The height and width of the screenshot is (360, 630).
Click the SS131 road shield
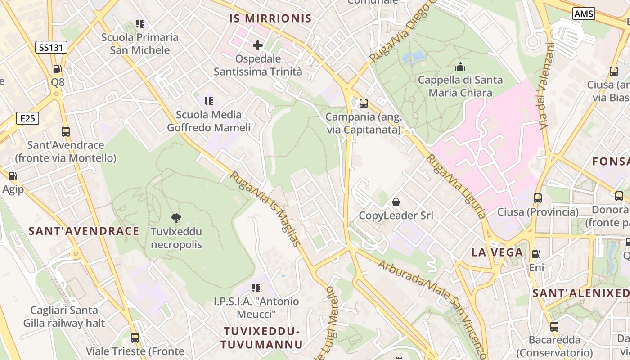(x=51, y=47)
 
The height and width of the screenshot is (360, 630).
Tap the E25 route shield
(x=27, y=118)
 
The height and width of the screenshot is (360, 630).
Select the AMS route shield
(x=584, y=13)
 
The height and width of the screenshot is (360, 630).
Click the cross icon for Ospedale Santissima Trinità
(x=258, y=45)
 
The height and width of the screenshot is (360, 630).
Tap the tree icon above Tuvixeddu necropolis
(x=176, y=218)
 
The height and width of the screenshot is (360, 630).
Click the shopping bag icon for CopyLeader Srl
(x=396, y=202)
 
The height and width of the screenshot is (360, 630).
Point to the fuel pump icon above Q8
(x=58, y=69)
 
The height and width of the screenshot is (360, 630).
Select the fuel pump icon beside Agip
(x=13, y=176)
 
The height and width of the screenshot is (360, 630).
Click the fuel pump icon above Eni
(x=536, y=254)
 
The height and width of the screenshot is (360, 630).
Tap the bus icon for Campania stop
(x=363, y=103)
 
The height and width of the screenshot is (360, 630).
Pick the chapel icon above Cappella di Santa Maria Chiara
(x=460, y=67)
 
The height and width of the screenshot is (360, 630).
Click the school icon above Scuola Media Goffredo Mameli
(x=208, y=101)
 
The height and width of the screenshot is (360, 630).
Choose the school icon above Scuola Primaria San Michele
(x=140, y=24)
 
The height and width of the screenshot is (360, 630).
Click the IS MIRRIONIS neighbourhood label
(x=270, y=18)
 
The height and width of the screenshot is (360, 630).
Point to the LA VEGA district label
(x=497, y=252)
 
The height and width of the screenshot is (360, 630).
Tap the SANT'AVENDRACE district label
(x=84, y=231)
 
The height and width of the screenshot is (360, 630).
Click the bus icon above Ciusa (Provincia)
(x=537, y=198)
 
